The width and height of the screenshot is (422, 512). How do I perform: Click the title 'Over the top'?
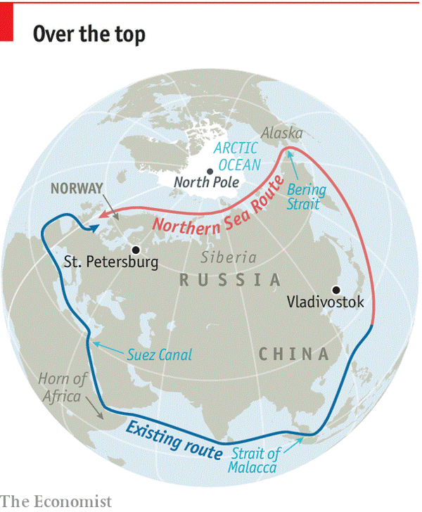click(89, 34)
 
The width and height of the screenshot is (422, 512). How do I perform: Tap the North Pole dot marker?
click(210, 171)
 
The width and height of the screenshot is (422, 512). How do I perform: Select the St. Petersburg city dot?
click(136, 249)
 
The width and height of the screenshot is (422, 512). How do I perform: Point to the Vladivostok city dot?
click(337, 289)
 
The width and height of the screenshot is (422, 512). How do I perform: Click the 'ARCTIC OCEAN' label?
click(236, 156)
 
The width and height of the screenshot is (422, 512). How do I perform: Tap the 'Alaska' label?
click(281, 133)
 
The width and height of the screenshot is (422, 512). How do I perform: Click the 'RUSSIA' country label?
click(230, 280)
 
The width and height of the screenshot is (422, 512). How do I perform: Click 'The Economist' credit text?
click(56, 501)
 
